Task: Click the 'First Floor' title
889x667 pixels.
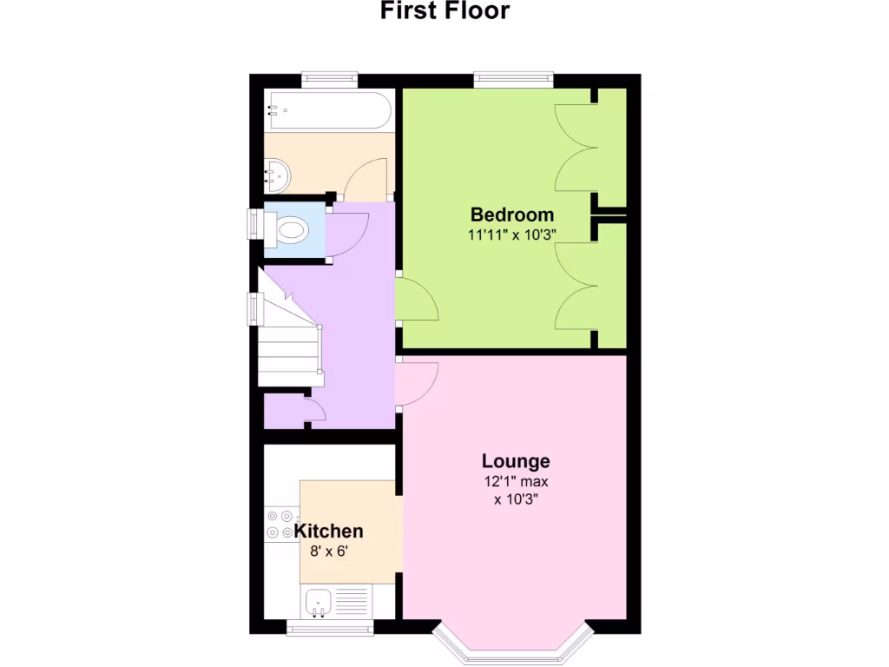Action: click(x=444, y=11)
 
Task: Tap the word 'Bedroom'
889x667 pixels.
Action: click(x=512, y=215)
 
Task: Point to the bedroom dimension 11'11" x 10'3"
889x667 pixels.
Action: click(x=512, y=234)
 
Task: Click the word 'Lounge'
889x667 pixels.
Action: click(x=516, y=461)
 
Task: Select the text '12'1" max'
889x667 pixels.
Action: click(x=516, y=481)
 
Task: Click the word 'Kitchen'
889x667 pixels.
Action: click(x=328, y=531)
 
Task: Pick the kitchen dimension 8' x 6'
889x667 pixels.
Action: click(x=328, y=550)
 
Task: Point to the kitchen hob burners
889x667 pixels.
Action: click(x=280, y=524)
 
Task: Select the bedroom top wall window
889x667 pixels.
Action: click(x=513, y=81)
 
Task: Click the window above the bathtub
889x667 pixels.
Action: click(x=330, y=81)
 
